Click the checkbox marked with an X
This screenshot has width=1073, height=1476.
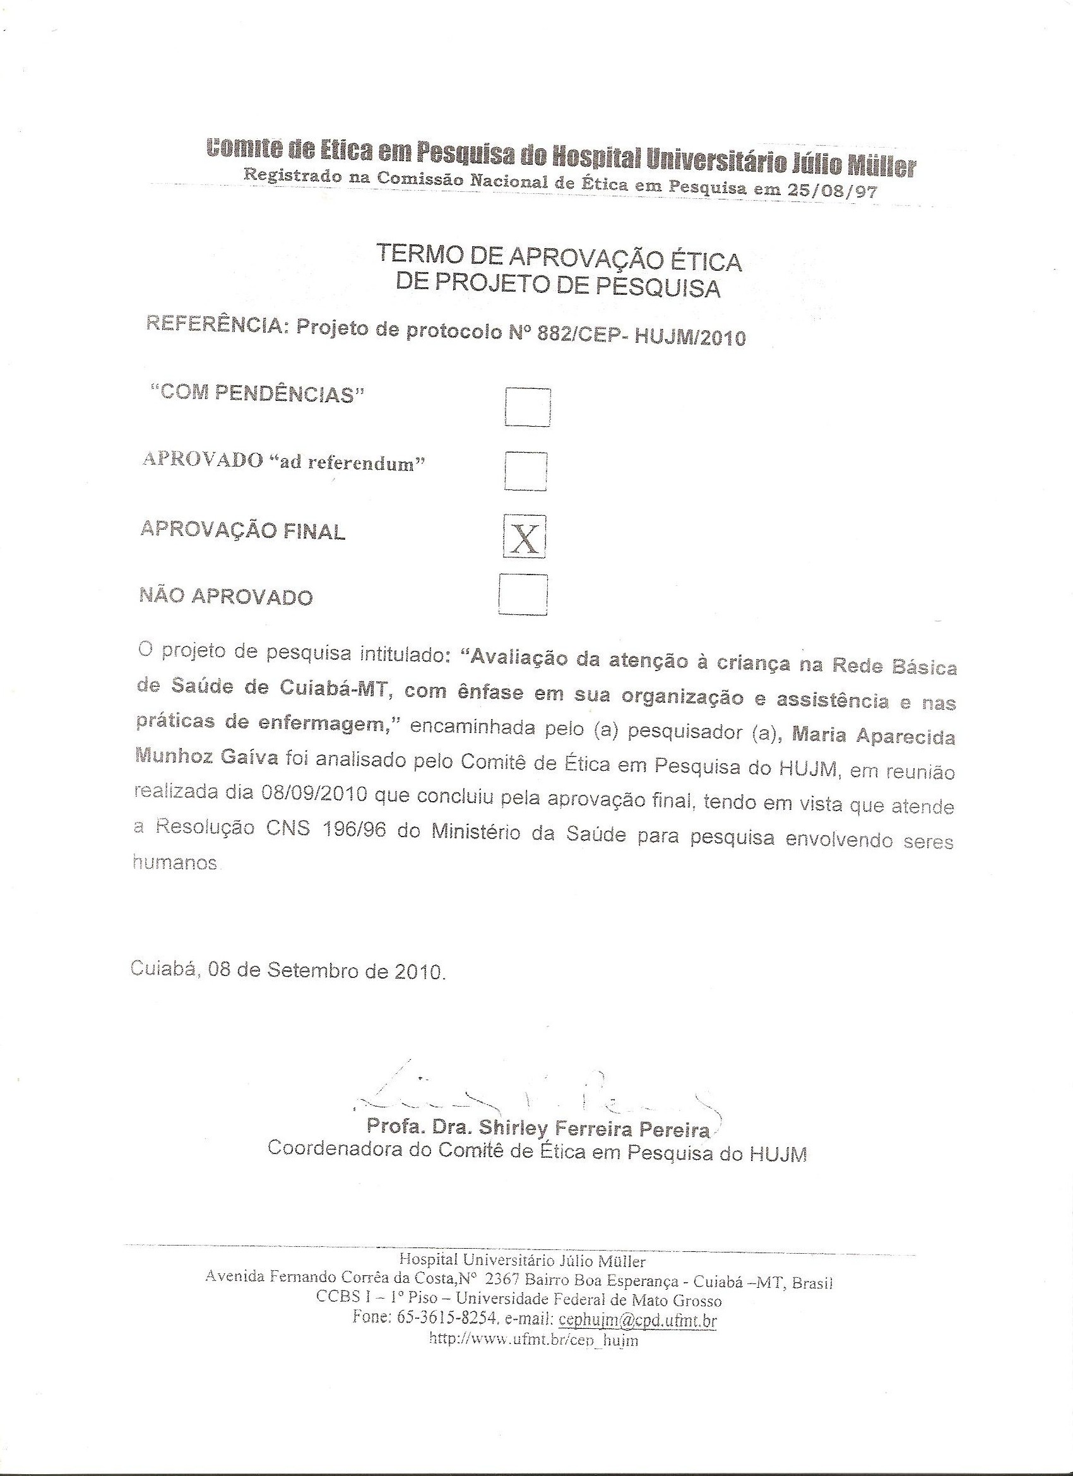[x=525, y=537]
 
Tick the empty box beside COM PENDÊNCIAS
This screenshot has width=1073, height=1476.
[x=528, y=407]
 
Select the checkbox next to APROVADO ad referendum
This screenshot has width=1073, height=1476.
[x=525, y=470]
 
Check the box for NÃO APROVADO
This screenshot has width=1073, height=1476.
[x=523, y=594]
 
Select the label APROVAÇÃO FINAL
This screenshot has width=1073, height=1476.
[x=243, y=530]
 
